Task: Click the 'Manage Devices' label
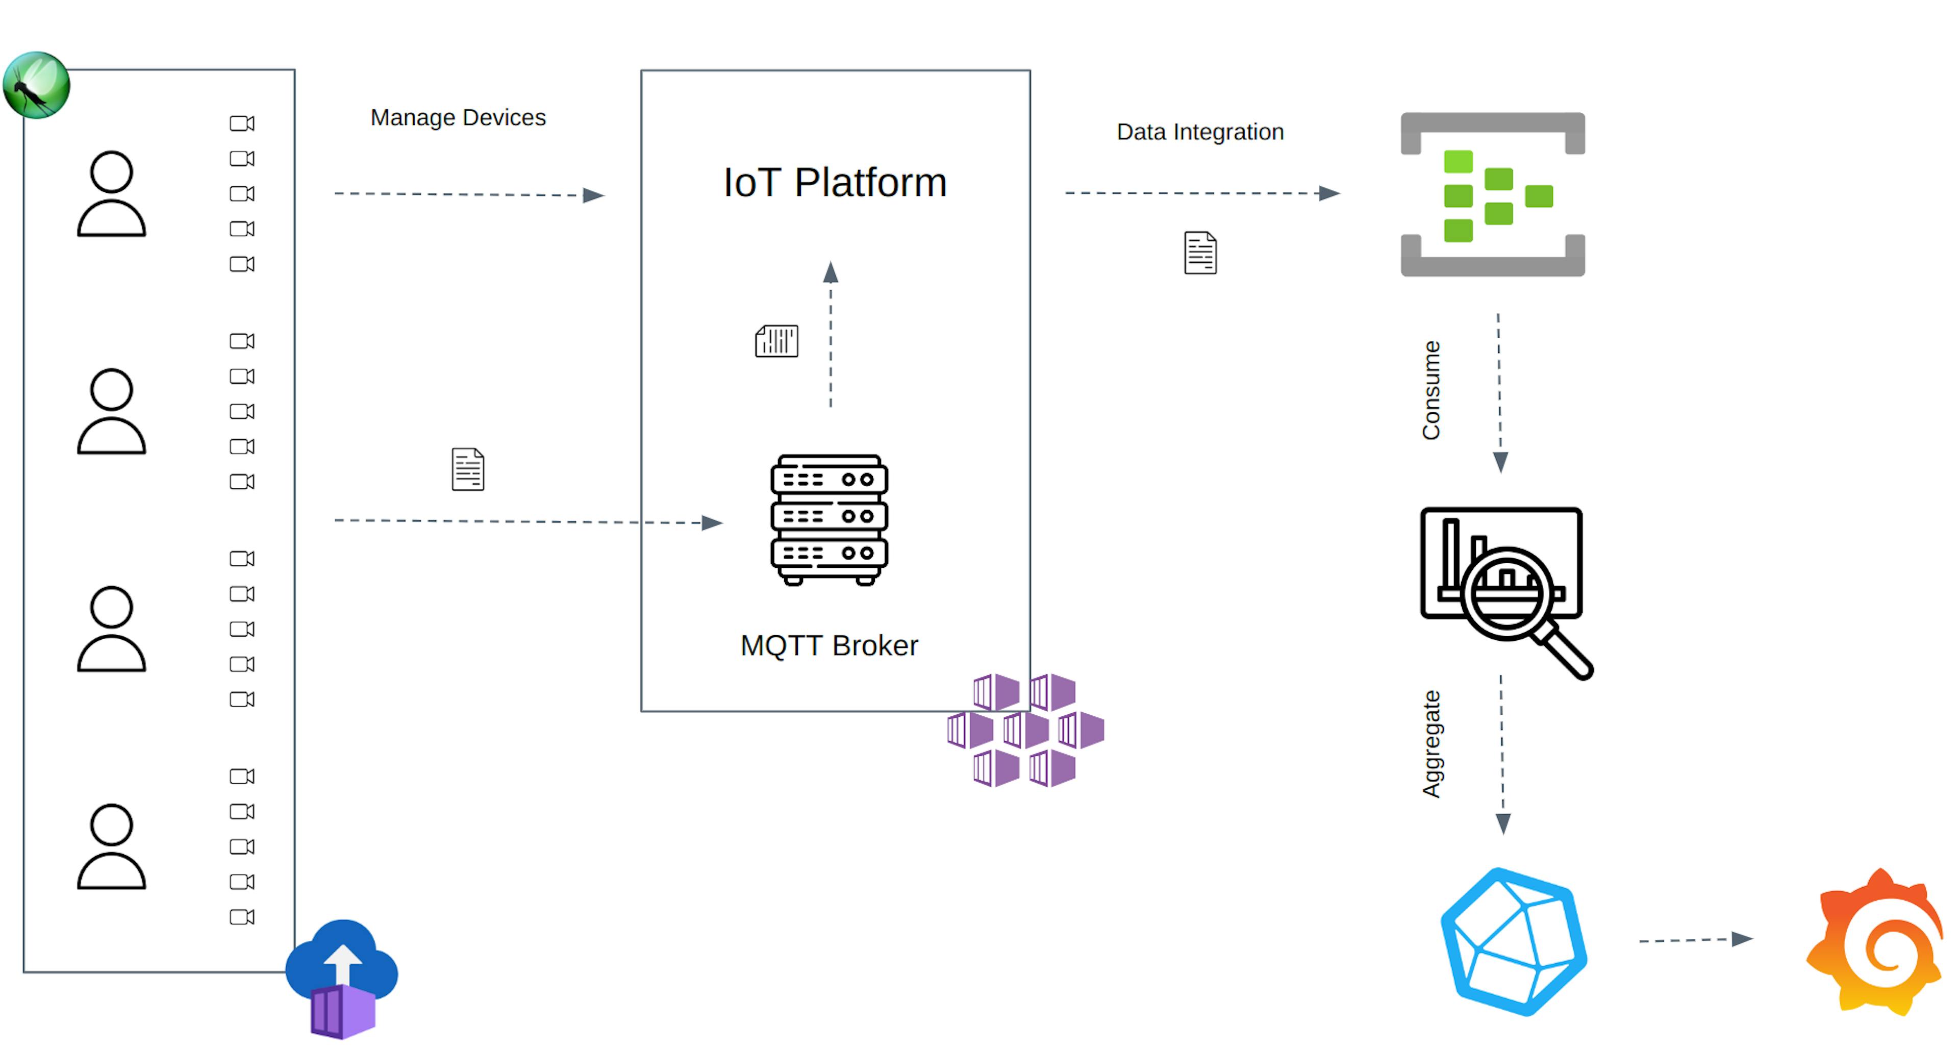click(x=458, y=117)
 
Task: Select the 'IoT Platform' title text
click(x=834, y=183)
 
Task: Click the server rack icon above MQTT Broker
click(x=829, y=520)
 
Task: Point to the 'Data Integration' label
click(x=1199, y=132)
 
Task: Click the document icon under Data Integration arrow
click(x=1200, y=253)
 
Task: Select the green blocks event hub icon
click(x=1492, y=195)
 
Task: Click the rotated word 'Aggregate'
click(x=1430, y=744)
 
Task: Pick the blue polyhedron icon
click(x=1513, y=941)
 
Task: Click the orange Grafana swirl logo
click(x=1875, y=943)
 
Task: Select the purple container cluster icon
click(x=1025, y=730)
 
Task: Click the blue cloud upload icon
click(x=342, y=977)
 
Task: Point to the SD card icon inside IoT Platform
click(x=776, y=341)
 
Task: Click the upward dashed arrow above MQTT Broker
click(x=831, y=335)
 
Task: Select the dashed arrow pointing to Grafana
click(x=1694, y=940)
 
